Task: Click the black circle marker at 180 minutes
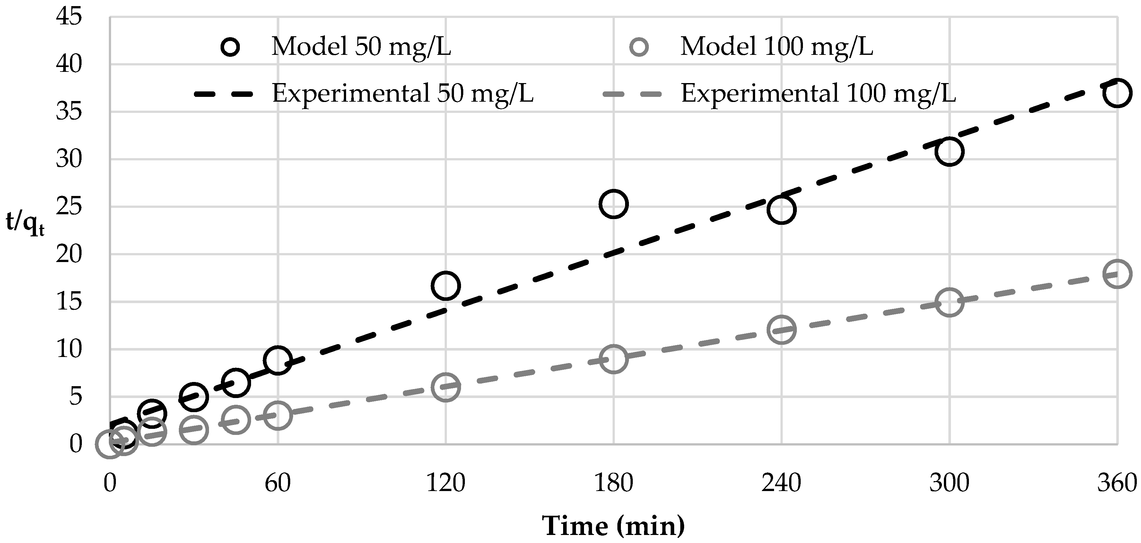[614, 204]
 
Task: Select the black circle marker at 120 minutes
[446, 285]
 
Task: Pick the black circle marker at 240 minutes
[781, 209]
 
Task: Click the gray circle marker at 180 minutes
[614, 359]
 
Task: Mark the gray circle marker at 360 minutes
[1117, 274]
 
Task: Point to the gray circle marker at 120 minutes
[446, 387]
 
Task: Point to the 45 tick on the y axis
[69, 18]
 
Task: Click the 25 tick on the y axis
[69, 207]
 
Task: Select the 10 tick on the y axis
[69, 350]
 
